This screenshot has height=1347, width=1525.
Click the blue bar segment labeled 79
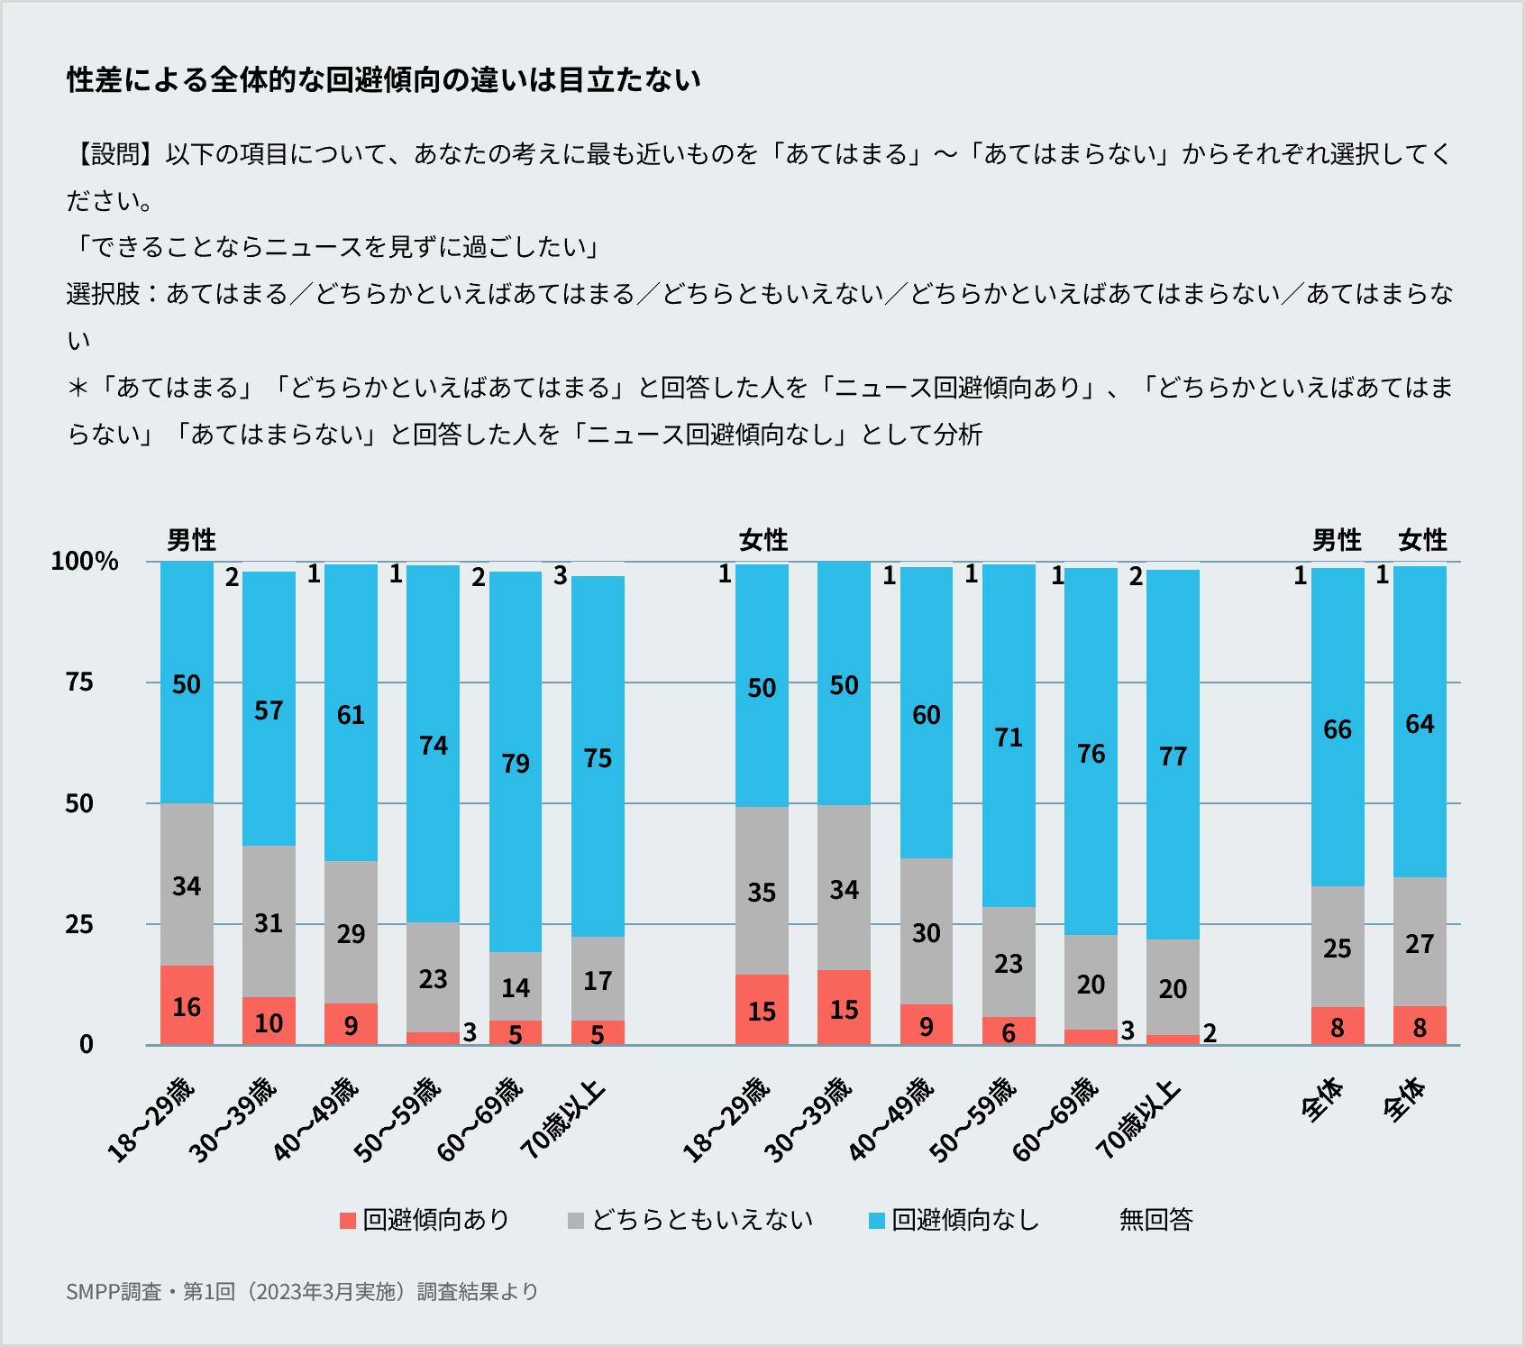(516, 762)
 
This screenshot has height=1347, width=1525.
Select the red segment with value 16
(187, 1004)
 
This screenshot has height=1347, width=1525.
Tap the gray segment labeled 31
(269, 921)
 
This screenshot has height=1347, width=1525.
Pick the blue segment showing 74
(433, 744)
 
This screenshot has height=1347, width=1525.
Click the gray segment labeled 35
(762, 891)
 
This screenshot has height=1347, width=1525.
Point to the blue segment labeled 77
(1173, 755)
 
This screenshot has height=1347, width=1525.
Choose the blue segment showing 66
(1338, 728)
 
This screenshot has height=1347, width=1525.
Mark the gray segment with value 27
(1420, 941)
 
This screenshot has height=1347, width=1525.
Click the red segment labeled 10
(269, 1021)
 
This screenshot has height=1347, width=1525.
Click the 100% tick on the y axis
(85, 562)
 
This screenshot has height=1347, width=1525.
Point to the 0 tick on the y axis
(87, 1045)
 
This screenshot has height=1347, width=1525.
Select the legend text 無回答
(1155, 1220)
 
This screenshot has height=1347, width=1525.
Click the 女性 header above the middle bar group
(763, 540)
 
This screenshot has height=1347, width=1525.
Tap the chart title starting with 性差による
(383, 80)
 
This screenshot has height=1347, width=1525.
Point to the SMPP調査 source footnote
(302, 1291)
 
